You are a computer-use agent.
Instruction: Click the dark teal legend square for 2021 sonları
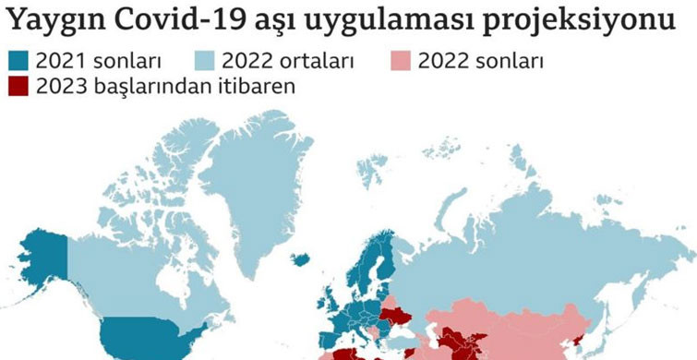coord(18,63)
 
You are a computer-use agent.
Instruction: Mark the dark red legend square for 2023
coord(18,87)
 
